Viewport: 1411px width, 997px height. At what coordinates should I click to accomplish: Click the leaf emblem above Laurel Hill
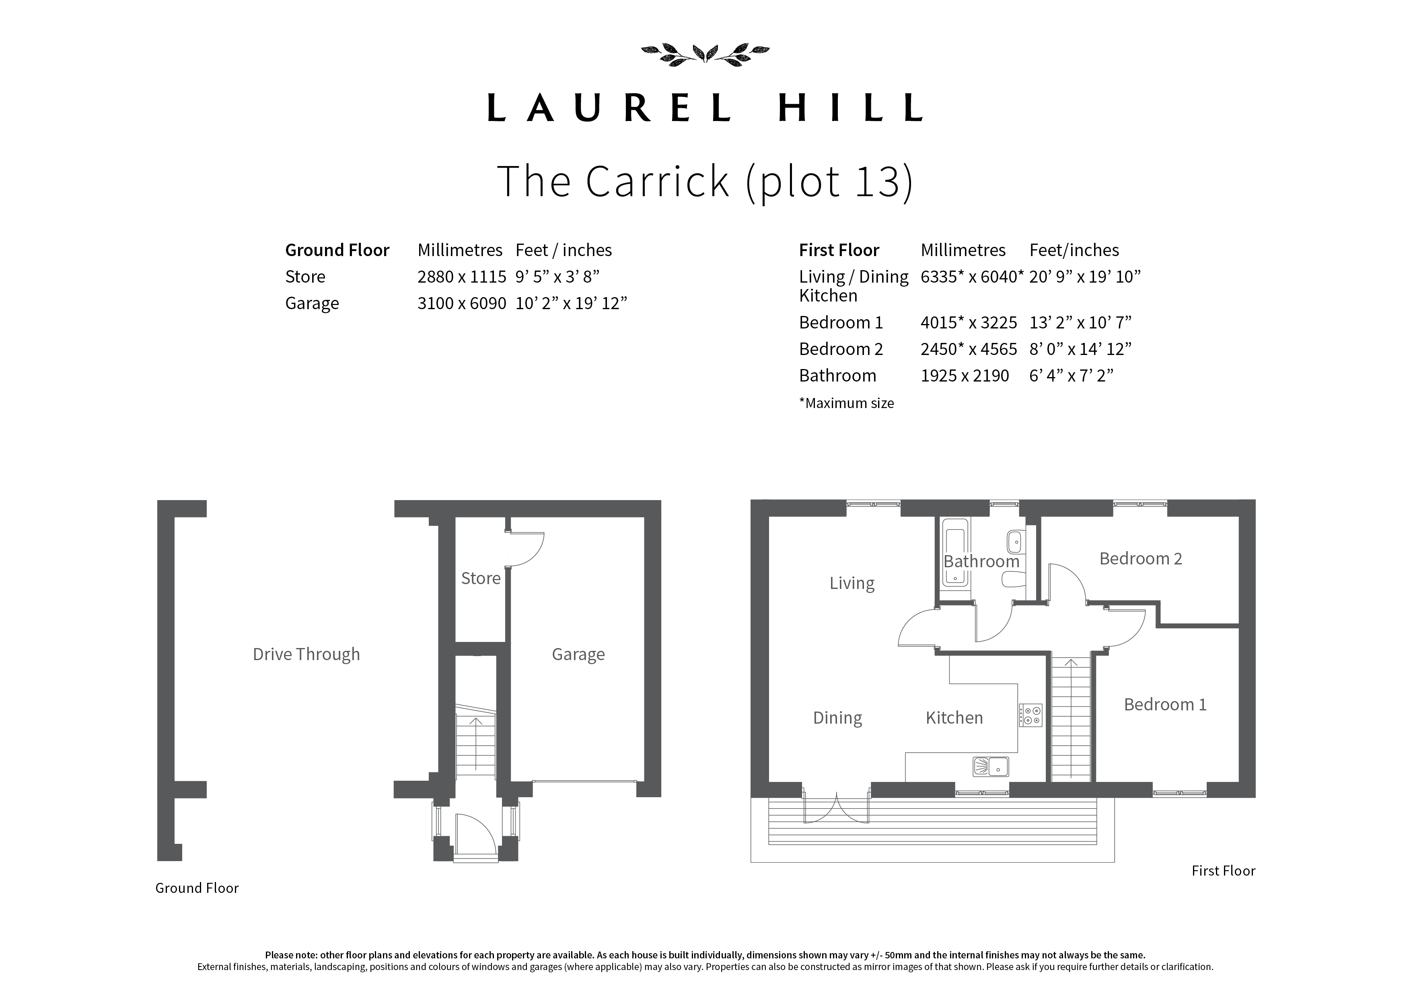[705, 54]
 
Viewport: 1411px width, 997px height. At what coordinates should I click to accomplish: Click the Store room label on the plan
[481, 578]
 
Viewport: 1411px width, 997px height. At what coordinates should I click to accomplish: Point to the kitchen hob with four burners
[1030, 715]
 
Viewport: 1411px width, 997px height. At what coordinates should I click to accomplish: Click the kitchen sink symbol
[991, 767]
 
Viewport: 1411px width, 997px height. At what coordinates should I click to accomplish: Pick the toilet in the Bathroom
[1013, 579]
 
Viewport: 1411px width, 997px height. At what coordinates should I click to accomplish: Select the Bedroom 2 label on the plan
[1141, 558]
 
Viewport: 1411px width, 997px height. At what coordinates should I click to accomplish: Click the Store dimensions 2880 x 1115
[461, 277]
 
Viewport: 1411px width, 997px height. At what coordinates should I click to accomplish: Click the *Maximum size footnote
[846, 404]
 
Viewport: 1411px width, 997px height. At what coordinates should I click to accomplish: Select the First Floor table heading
[839, 250]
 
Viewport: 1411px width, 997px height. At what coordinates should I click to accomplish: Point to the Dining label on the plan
[837, 718]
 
